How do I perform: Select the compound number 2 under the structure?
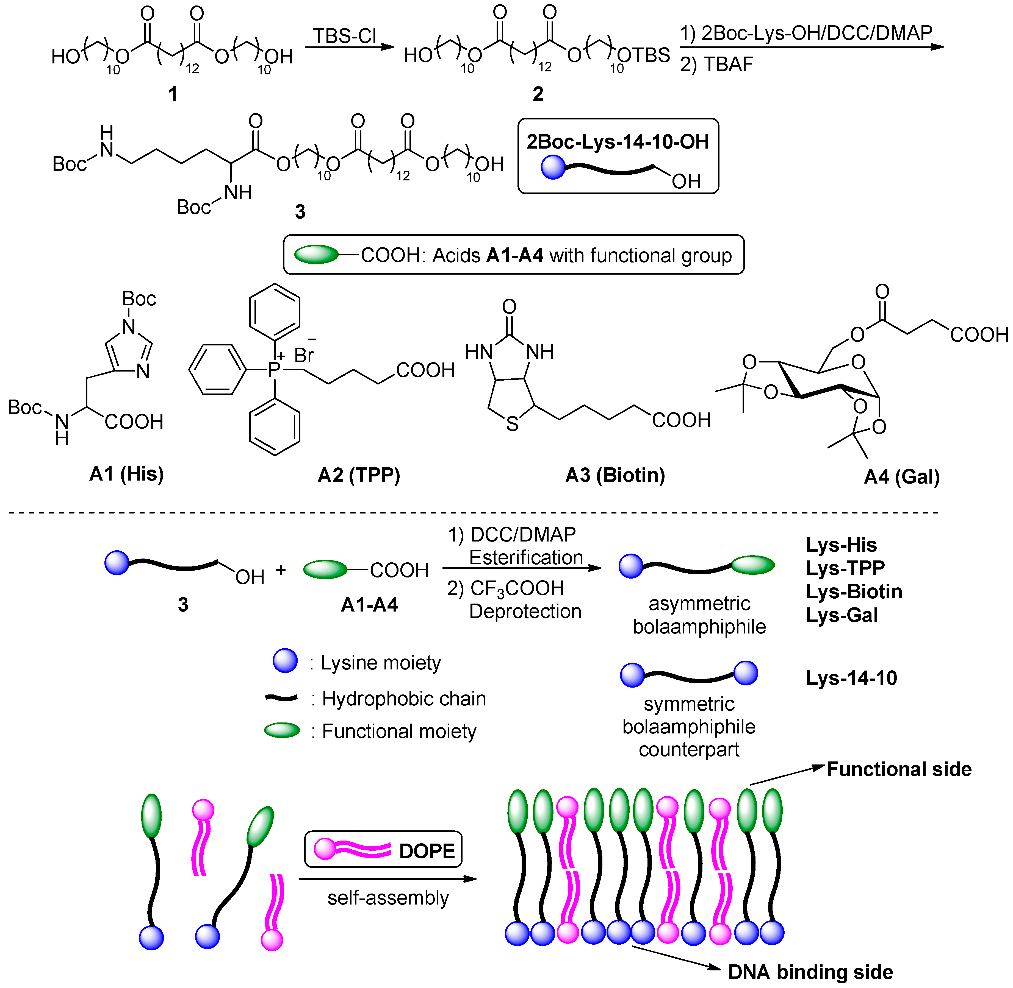click(538, 94)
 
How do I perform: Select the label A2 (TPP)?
click(359, 475)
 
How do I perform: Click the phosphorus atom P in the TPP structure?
click(274, 369)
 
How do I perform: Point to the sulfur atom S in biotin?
click(512, 425)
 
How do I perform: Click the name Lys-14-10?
click(851, 678)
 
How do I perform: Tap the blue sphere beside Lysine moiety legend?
click(285, 661)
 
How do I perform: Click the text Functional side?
click(899, 769)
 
